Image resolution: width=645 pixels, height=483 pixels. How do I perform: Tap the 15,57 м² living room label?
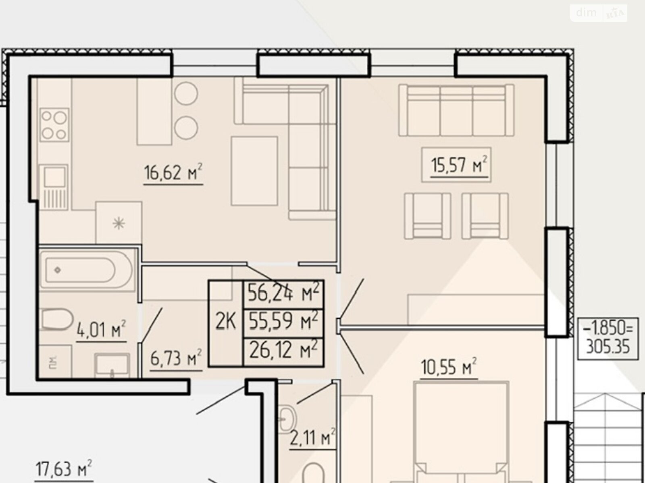pyautogui.click(x=459, y=165)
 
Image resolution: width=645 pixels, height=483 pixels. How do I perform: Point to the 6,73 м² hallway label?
pyautogui.click(x=176, y=358)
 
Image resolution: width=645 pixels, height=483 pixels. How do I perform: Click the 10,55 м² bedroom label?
pyautogui.click(x=449, y=367)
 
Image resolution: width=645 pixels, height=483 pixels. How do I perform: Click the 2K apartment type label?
pyautogui.click(x=226, y=322)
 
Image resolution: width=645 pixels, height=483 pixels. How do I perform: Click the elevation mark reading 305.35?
pyautogui.click(x=608, y=347)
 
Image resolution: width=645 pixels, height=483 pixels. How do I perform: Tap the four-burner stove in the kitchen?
pyautogui.click(x=54, y=125)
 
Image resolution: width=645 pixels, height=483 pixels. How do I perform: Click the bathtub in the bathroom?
pyautogui.click(x=86, y=270)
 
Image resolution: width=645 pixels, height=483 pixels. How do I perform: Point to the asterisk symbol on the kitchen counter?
pyautogui.click(x=119, y=223)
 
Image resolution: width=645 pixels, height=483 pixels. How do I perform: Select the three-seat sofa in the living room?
pyautogui.click(x=456, y=110)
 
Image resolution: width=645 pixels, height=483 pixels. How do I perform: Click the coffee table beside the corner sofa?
pyautogui.click(x=254, y=171)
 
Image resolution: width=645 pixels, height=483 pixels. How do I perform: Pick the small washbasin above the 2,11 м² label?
pyautogui.click(x=287, y=419)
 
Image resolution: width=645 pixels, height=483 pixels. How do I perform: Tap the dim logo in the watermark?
pyautogui.click(x=586, y=12)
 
